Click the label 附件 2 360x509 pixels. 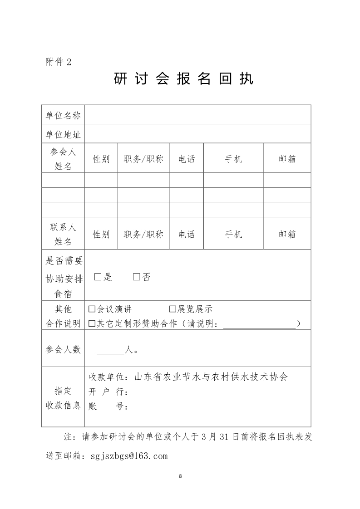pos(59,62)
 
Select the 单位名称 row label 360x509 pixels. pos(63,115)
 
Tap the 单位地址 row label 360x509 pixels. pos(63,135)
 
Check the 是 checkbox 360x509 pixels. pos(98,277)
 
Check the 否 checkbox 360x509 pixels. pos(137,277)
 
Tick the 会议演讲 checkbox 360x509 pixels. pos(92,309)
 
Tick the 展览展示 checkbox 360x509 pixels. pos(173,309)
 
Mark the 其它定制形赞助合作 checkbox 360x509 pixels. pos(92,323)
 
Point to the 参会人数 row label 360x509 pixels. pos(63,349)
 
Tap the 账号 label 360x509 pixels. pos(108,406)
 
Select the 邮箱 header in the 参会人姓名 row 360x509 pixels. pos(287,159)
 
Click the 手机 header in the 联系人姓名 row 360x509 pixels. pos(233,234)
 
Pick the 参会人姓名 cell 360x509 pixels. pos(63,159)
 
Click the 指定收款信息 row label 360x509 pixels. pos(63,398)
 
